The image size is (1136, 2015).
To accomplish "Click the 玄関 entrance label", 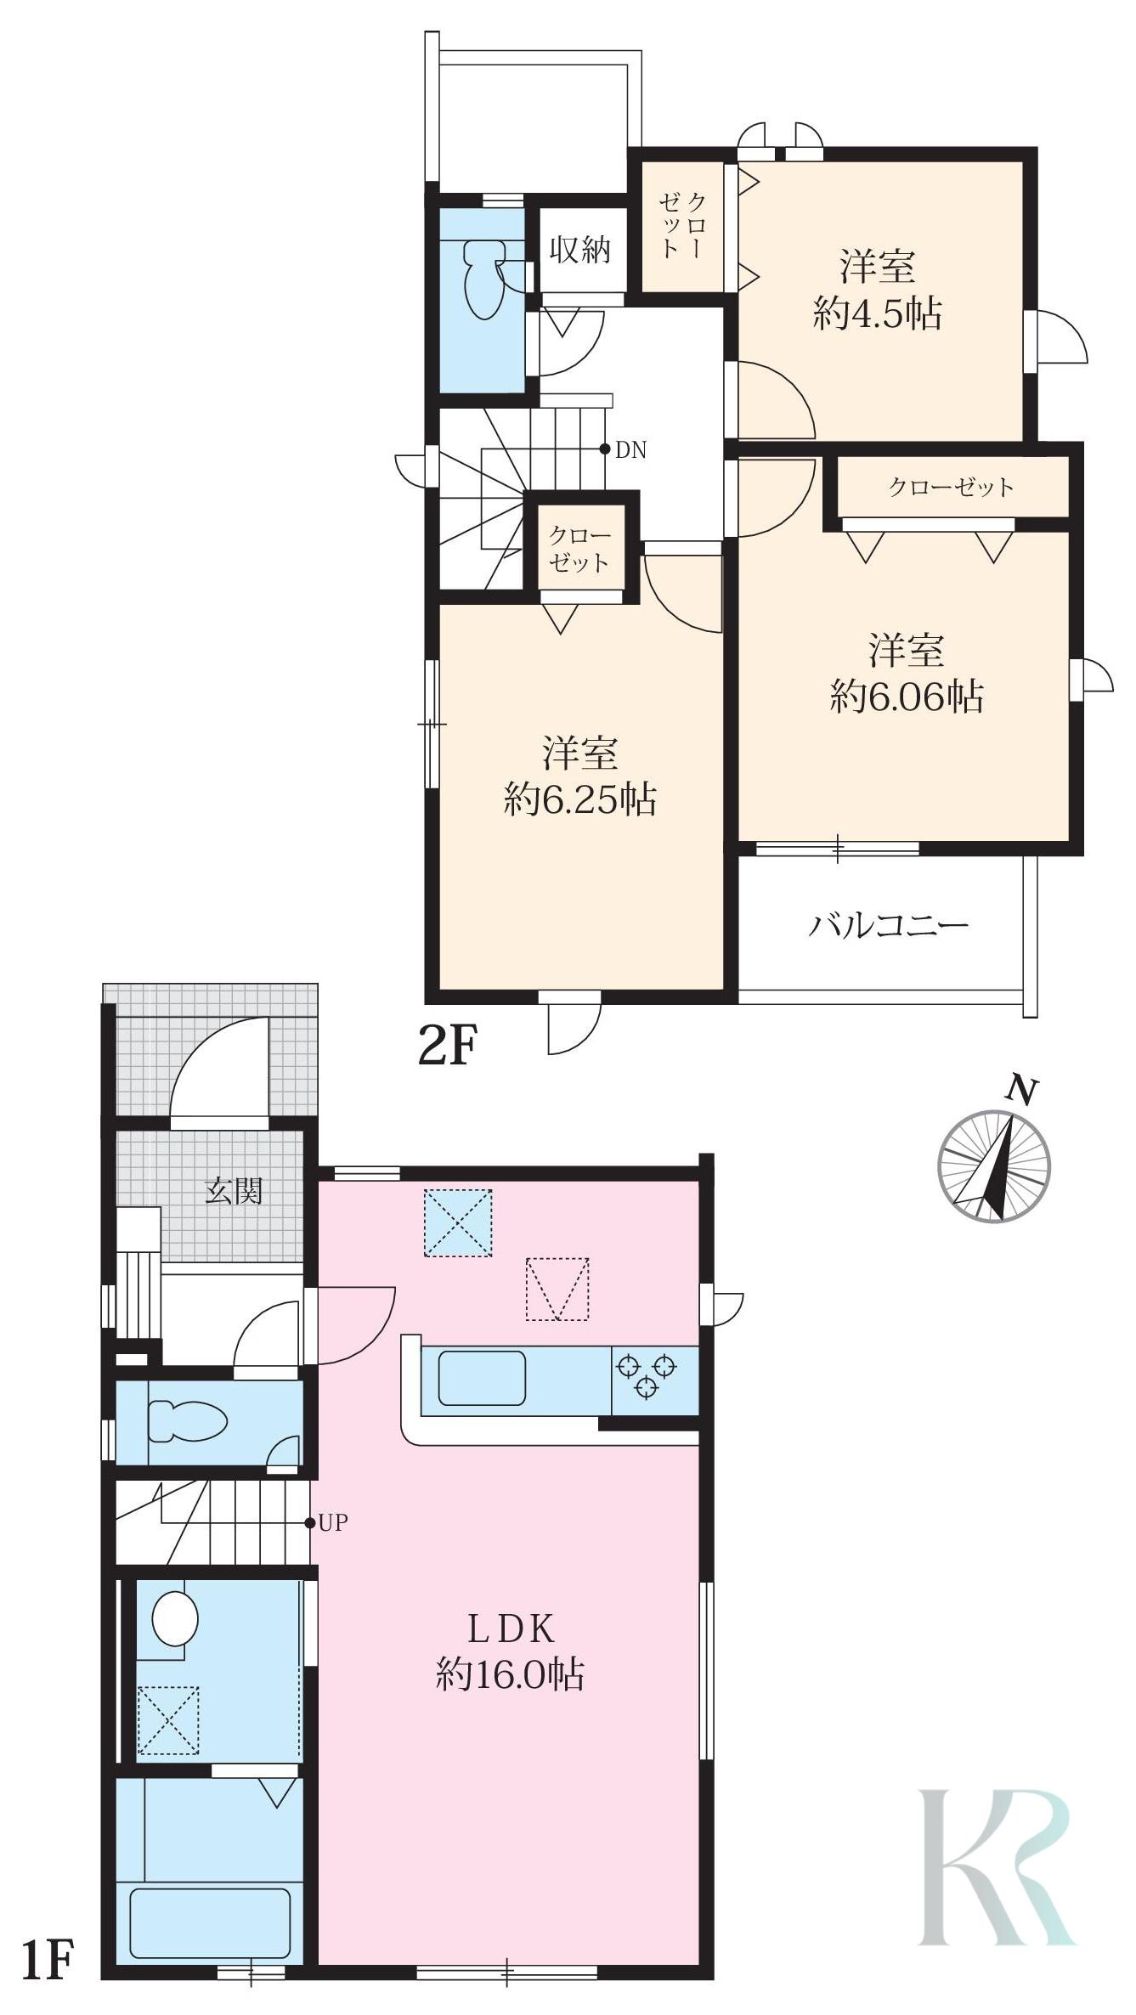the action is (234, 1191).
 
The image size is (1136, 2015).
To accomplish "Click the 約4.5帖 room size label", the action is (878, 315).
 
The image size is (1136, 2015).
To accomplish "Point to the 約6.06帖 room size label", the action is (907, 697).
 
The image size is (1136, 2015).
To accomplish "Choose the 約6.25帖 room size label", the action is (580, 799).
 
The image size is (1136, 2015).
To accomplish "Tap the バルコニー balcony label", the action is (888, 924).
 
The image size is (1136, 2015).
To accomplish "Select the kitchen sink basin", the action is (482, 1378).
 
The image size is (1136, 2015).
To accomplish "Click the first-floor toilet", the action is (188, 1421).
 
